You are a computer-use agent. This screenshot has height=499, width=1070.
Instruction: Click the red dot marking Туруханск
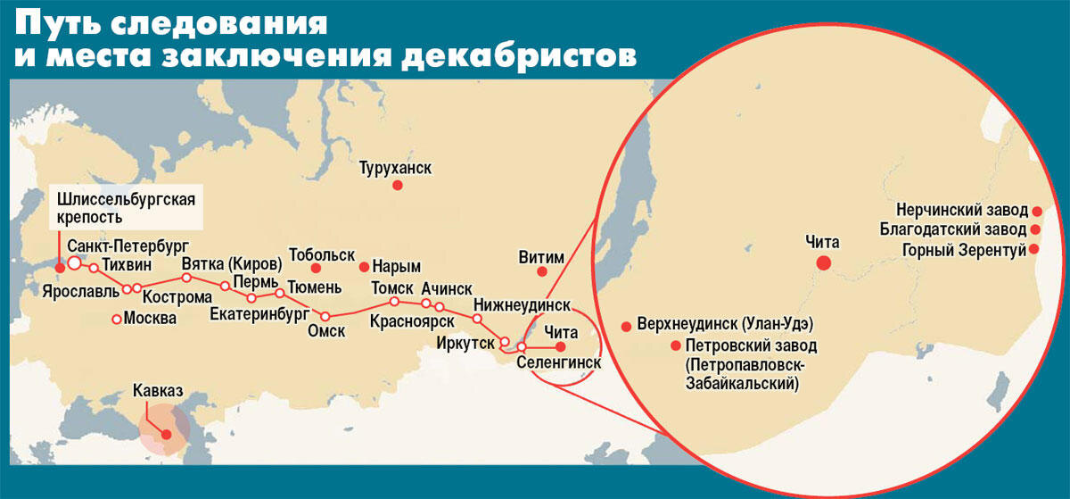[398, 185]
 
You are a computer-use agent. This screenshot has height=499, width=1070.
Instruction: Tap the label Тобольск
[322, 254]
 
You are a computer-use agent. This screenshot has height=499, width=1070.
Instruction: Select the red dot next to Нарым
[363, 267]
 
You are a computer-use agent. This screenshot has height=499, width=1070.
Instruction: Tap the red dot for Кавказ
[166, 433]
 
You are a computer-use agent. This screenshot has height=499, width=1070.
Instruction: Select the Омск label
[326, 331]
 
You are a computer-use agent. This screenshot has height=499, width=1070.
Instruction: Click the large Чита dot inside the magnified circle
[823, 262]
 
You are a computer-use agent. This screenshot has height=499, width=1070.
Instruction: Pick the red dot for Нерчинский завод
[1037, 211]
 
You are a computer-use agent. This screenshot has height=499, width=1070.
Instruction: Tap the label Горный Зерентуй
[964, 250]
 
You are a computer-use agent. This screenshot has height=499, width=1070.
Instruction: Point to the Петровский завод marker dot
[674, 345]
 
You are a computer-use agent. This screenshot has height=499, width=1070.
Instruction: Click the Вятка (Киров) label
[231, 264]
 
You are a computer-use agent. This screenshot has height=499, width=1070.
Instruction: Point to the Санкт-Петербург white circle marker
[74, 263]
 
